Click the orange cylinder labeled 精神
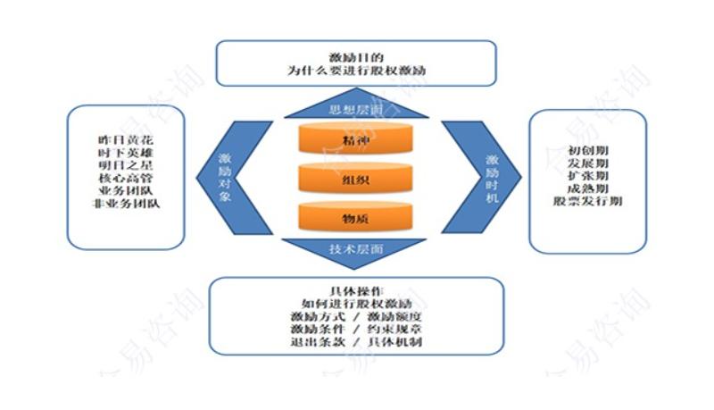click(x=356, y=140)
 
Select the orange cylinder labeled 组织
click(x=356, y=178)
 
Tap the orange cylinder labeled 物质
click(x=356, y=217)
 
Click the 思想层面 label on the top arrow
click(x=356, y=110)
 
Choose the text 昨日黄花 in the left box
click(x=126, y=140)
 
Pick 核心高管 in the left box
click(x=126, y=179)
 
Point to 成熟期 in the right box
click(x=587, y=188)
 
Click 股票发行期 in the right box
click(x=587, y=201)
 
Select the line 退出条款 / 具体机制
click(x=355, y=342)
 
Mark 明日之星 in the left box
click(x=126, y=166)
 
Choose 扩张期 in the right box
click(x=587, y=176)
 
